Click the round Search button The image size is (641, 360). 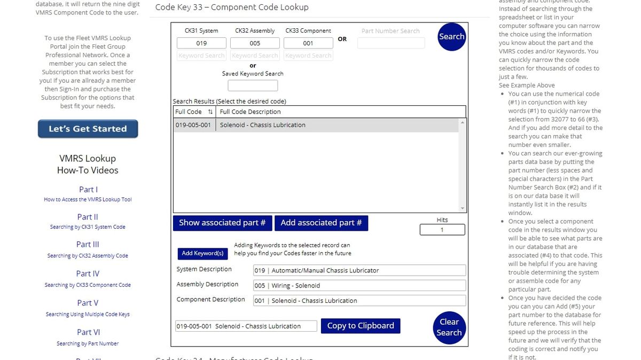[451, 37]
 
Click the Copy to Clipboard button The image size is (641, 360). [361, 326]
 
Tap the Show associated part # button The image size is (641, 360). [222, 223]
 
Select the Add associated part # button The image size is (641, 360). [321, 223]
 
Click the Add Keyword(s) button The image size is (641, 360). [202, 253]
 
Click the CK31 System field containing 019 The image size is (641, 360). [201, 43]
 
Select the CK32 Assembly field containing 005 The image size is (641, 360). [255, 43]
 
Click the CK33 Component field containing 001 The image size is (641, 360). [308, 43]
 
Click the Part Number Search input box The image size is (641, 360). [391, 43]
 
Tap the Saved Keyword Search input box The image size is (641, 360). [253, 85]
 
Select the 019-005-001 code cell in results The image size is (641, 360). [193, 125]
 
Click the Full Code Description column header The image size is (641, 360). [250, 112]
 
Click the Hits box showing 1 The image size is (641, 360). [442, 230]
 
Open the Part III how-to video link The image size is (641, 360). [88, 244]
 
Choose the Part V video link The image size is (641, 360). [88, 303]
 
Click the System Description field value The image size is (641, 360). [359, 271]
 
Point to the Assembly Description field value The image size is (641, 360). [359, 286]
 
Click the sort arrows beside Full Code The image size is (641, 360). [210, 112]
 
